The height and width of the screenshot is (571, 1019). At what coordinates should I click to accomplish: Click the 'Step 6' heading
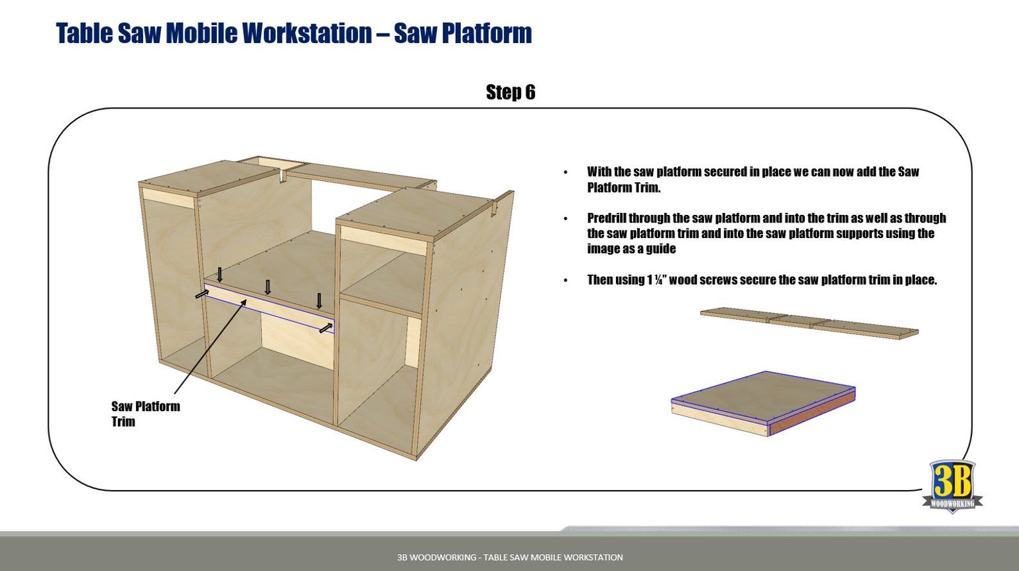510,92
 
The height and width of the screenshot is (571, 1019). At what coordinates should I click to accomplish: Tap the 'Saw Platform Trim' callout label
145,414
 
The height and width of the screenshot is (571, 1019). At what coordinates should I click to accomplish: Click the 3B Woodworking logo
952,485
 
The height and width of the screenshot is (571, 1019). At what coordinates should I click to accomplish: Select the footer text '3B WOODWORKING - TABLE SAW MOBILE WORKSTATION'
510,558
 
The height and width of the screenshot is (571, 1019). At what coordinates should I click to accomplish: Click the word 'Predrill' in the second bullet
606,218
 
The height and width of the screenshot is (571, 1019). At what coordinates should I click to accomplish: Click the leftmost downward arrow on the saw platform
219,275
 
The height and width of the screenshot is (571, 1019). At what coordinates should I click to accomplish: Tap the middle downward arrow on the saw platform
268,287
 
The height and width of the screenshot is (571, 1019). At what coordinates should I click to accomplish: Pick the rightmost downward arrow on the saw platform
319,300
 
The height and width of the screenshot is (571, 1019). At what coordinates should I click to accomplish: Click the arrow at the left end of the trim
202,294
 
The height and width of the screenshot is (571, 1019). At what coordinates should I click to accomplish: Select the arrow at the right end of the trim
326,328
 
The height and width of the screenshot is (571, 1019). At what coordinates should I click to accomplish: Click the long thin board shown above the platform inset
809,323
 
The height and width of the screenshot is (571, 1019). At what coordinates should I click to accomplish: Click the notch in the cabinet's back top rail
282,175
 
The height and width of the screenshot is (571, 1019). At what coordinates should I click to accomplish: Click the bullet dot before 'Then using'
565,280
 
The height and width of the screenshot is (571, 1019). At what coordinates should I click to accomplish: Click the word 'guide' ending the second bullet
660,249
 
